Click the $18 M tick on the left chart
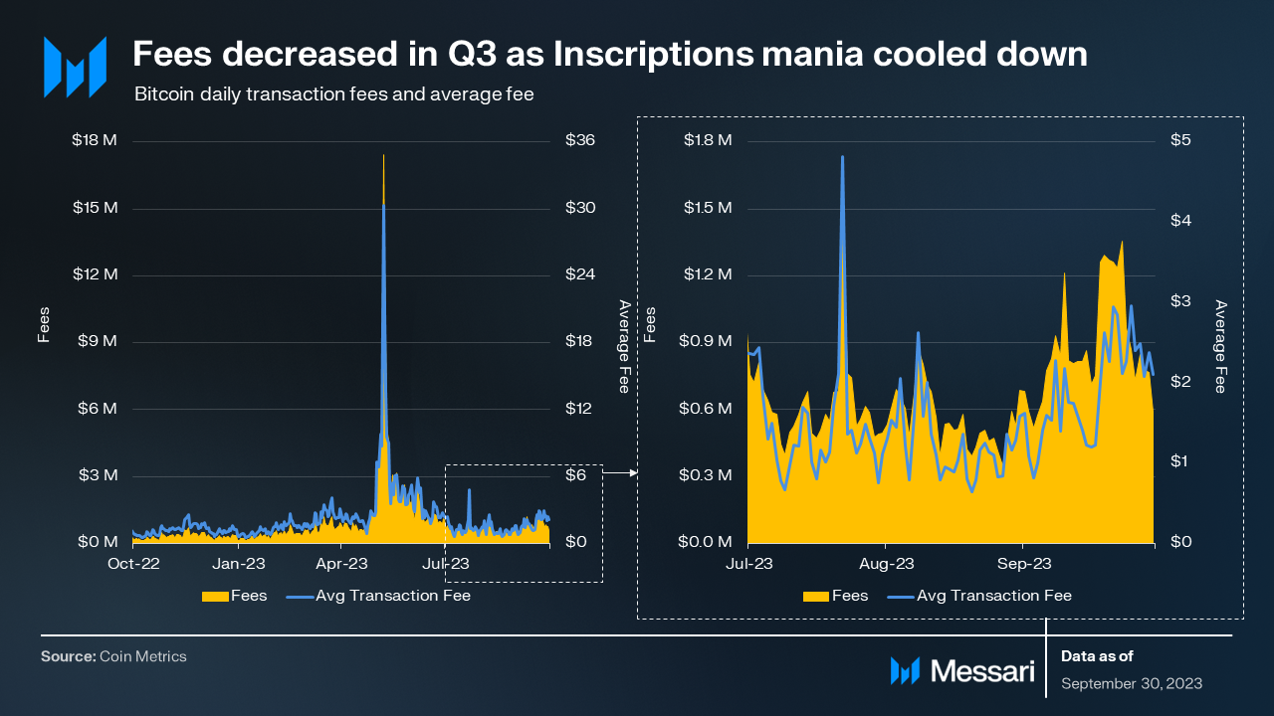95,140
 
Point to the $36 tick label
579,140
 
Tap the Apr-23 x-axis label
341,564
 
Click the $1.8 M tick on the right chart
708,140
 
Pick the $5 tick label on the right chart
1179,140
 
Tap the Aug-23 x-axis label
886,564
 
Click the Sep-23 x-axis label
1024,564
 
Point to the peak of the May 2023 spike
383,156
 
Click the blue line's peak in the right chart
842,157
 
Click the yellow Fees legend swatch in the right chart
815,596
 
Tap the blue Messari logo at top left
75,68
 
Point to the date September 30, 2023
1132,684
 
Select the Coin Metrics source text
142,656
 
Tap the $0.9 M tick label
708,341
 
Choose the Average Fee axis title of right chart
1221,347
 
